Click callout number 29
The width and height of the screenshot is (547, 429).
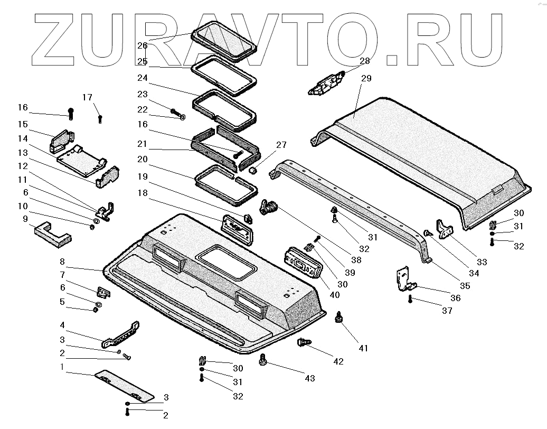coord(366,79)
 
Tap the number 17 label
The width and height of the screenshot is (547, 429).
coord(87,97)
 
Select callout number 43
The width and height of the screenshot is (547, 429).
coord(309,378)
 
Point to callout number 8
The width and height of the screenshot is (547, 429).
coord(62,262)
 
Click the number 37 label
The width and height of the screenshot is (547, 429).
coord(447,311)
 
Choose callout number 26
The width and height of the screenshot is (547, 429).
coord(142,45)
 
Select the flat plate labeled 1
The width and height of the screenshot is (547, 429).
coord(125,385)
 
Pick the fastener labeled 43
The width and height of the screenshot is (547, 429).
coord(262,361)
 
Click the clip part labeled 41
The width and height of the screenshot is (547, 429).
coord(338,318)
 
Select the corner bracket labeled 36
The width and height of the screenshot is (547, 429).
coord(405,279)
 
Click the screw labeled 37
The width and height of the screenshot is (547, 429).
coord(410,300)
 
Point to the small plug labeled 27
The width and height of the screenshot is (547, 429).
coord(253,170)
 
